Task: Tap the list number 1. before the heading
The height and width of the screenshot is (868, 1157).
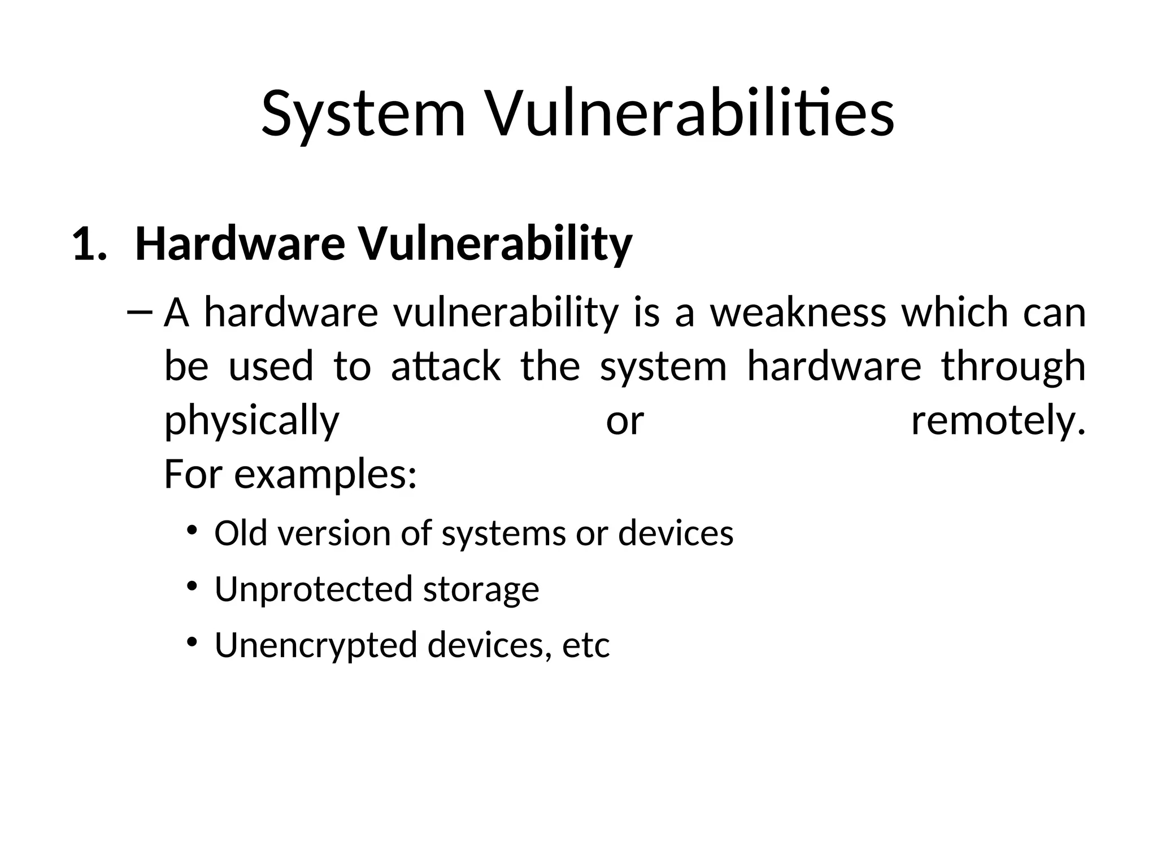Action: (x=89, y=245)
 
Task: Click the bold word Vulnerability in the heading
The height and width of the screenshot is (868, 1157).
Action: (x=496, y=245)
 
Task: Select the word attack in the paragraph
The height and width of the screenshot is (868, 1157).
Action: (x=446, y=366)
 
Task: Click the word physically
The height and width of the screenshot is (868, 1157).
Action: (x=251, y=422)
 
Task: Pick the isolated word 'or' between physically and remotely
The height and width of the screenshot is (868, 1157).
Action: (x=625, y=422)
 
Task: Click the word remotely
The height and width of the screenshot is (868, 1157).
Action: (x=998, y=422)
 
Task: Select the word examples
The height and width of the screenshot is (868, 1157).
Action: (x=325, y=475)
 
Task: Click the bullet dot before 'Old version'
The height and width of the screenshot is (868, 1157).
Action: (x=192, y=530)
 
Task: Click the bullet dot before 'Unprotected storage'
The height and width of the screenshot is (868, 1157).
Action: (x=192, y=585)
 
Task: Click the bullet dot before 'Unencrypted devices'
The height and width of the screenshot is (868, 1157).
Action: (x=192, y=641)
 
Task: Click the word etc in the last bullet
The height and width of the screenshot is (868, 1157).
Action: (x=586, y=645)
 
